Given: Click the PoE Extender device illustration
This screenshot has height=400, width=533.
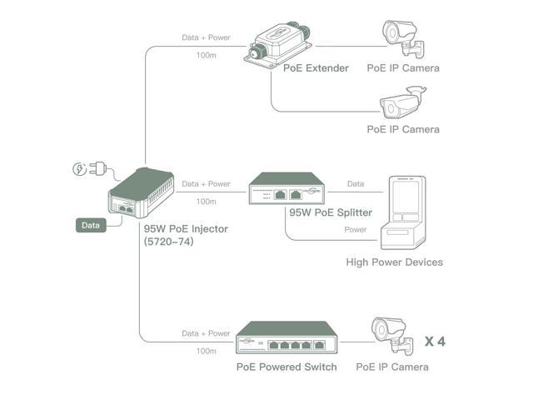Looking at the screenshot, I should [276, 42].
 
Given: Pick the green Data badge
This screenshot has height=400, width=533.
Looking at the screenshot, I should [91, 225].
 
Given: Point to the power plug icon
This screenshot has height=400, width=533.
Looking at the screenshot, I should [102, 169].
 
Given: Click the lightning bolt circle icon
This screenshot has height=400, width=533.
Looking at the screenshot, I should [79, 170].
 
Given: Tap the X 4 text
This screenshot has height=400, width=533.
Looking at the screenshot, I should [435, 341].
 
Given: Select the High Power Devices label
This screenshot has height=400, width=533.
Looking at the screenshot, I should [394, 262].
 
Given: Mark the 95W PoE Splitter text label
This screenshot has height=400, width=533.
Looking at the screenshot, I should [330, 212].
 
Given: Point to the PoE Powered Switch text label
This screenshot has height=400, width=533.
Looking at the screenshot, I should [286, 367].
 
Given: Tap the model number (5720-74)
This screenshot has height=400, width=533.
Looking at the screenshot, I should [168, 242].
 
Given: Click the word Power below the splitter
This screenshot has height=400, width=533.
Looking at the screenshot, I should [355, 229].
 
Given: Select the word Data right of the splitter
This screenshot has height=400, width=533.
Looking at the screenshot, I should [355, 183].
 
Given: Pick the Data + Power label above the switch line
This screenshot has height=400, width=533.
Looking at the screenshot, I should [206, 333].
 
